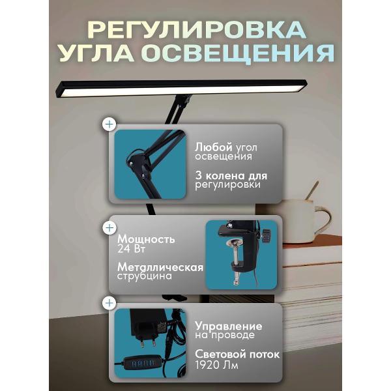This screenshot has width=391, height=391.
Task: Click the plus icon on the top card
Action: (109, 123)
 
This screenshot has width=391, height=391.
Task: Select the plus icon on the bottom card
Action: (109, 302)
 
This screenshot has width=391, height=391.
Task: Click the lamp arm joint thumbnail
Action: (151, 164)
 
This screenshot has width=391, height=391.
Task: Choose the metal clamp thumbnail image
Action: (240, 254)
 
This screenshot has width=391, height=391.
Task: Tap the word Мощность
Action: (146, 239)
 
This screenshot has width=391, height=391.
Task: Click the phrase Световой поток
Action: (237, 355)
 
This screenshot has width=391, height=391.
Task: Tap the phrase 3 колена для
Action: (231, 175)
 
